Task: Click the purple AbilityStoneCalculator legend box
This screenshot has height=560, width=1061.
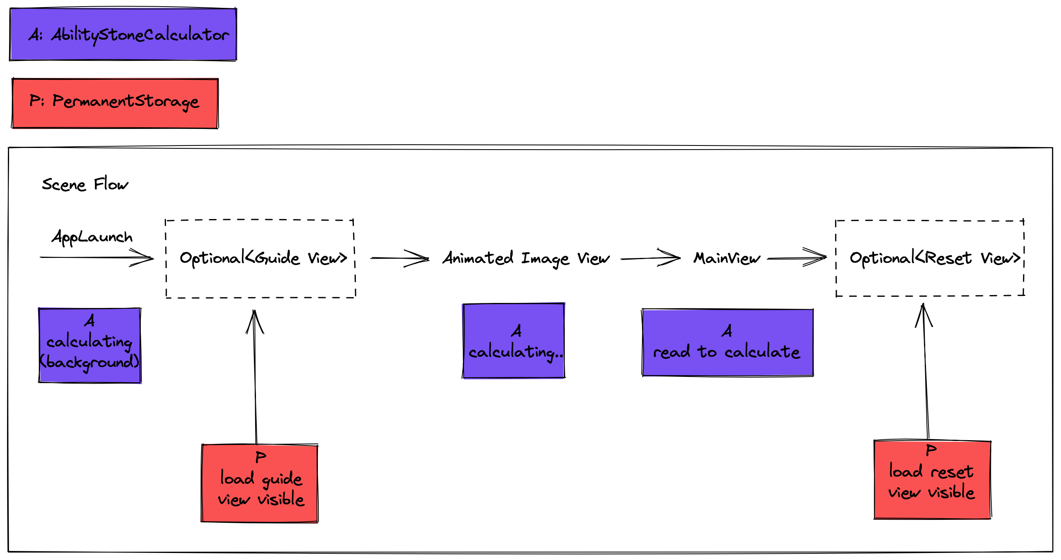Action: point(123,34)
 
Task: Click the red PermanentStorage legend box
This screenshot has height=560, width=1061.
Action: point(115,103)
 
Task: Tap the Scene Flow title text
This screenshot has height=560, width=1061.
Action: point(85,184)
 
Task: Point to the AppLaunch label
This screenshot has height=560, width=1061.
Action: point(92,237)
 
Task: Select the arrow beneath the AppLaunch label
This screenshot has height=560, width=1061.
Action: point(97,257)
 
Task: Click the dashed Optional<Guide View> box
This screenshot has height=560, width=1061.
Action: point(261,258)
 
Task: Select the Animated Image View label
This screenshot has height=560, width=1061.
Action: point(526,258)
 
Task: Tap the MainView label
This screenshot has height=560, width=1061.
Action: point(726,258)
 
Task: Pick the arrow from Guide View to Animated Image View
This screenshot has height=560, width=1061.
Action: point(399,258)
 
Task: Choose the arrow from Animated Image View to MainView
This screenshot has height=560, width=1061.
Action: point(650,259)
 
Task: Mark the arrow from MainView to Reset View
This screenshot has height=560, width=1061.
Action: point(796,258)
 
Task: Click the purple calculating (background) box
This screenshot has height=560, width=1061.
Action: point(90,346)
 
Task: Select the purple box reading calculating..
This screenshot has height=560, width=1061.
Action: point(514,341)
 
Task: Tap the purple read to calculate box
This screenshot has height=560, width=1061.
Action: point(727,343)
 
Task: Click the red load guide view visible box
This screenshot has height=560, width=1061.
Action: point(260,483)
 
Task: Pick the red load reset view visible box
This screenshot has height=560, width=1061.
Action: point(932,479)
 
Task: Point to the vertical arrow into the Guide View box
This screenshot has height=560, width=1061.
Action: point(256,376)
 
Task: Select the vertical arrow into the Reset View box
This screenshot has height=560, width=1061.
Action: point(926,372)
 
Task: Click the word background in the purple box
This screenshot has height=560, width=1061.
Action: point(90,362)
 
